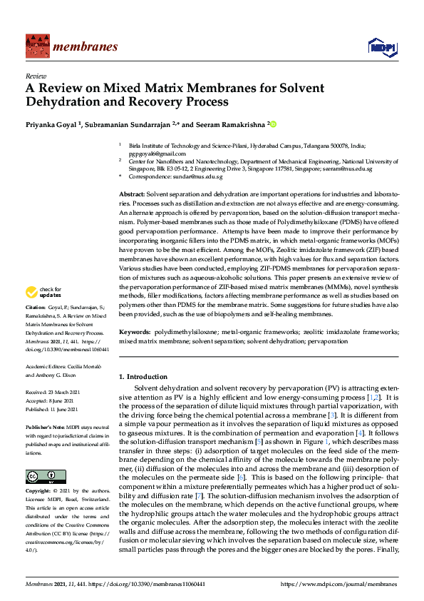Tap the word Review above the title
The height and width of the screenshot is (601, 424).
tap(36, 76)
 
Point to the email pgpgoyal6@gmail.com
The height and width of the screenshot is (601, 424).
tap(157, 153)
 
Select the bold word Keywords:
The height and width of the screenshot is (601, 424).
tap(135, 333)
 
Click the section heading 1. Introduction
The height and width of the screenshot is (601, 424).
tap(143, 376)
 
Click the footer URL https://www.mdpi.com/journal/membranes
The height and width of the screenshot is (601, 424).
tap(339, 584)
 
